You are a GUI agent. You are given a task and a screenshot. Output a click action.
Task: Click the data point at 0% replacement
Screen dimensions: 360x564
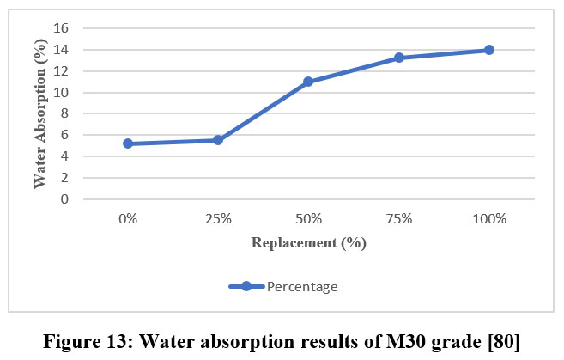pyautogui.click(x=128, y=143)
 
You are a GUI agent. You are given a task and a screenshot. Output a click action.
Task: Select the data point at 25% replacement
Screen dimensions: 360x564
pyautogui.click(x=218, y=140)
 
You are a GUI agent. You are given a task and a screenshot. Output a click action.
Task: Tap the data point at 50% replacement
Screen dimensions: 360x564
pyautogui.click(x=308, y=82)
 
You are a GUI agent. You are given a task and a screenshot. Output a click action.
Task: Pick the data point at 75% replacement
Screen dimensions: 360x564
pyautogui.click(x=399, y=58)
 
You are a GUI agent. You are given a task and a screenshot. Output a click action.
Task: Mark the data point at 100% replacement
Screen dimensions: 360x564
pyautogui.click(x=489, y=50)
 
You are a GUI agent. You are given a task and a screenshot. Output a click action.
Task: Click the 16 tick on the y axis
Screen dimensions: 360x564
pyautogui.click(x=62, y=28)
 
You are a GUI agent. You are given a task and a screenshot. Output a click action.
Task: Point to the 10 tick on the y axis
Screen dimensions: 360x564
pyautogui.click(x=62, y=93)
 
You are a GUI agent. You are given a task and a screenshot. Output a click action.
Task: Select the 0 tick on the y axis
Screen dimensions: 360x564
pyautogui.click(x=65, y=199)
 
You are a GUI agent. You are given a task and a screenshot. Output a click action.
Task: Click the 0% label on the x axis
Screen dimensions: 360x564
pyautogui.click(x=128, y=219)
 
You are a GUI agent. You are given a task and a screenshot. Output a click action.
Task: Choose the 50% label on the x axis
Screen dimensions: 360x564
pyautogui.click(x=308, y=219)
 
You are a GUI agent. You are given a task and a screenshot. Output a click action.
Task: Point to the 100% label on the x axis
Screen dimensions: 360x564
pyautogui.click(x=489, y=219)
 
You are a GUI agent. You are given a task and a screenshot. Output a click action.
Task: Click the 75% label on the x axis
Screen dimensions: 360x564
pyautogui.click(x=399, y=219)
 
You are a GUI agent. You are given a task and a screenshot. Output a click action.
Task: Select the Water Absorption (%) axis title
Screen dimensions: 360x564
pyautogui.click(x=40, y=112)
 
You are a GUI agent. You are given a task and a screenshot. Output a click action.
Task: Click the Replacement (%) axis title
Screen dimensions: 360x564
pyautogui.click(x=308, y=242)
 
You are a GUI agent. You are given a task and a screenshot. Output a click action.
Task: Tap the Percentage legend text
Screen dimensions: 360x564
pyautogui.click(x=301, y=287)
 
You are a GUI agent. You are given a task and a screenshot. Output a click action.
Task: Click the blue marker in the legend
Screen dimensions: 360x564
pyautogui.click(x=246, y=287)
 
